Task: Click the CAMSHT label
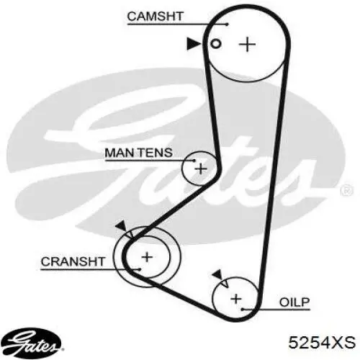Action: (x=155, y=16)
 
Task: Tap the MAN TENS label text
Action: (x=139, y=153)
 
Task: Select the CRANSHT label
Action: (x=73, y=261)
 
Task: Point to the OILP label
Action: (x=294, y=302)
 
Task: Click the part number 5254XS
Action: (x=322, y=342)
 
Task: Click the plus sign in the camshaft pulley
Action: (x=247, y=44)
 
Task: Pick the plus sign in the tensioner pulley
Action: (x=201, y=168)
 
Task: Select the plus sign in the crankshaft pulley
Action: (x=147, y=257)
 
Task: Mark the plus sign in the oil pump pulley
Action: (x=236, y=299)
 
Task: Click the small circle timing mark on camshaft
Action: (x=215, y=44)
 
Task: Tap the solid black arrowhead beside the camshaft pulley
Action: (x=194, y=44)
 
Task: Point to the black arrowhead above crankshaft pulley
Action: (x=122, y=226)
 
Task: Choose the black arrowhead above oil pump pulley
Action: (x=217, y=274)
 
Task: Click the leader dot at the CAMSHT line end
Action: (x=227, y=24)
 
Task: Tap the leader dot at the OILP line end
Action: (x=243, y=310)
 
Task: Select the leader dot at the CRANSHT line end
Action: (x=139, y=269)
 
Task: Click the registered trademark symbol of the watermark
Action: (x=347, y=191)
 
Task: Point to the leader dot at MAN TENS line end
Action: (x=194, y=161)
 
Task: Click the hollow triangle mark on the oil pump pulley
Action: (x=225, y=284)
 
